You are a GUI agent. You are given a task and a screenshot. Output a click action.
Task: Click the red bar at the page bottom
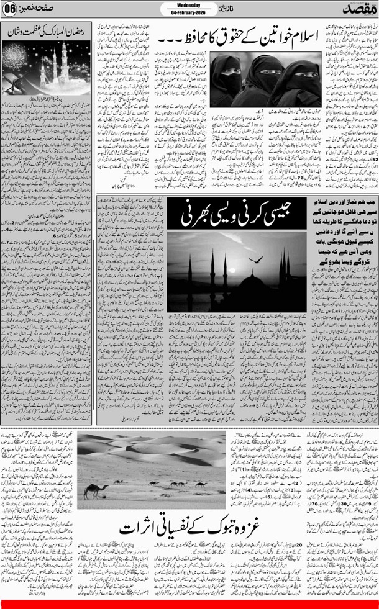(189, 603)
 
